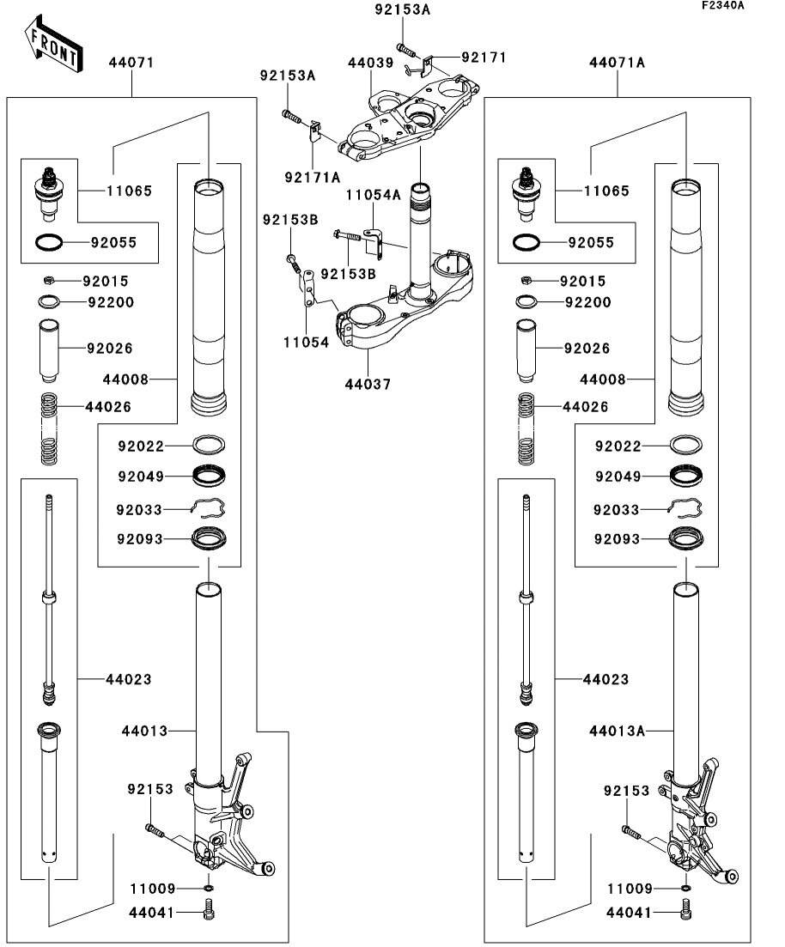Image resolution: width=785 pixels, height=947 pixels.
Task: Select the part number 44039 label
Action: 370,64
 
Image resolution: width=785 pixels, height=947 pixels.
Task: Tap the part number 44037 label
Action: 370,384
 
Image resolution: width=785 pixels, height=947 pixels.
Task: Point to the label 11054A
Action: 374,195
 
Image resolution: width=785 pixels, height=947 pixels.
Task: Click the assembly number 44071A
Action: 617,63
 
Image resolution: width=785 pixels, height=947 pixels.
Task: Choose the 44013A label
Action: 617,731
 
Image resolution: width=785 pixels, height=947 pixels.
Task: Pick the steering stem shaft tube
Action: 420,240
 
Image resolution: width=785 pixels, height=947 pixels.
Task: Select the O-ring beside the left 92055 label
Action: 49,243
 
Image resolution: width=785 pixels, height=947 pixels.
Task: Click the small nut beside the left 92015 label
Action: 51,281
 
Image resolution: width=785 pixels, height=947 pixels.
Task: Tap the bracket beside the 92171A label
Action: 314,131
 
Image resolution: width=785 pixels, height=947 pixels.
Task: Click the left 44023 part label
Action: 128,679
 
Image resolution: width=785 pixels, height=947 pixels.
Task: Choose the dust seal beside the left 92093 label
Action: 209,539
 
